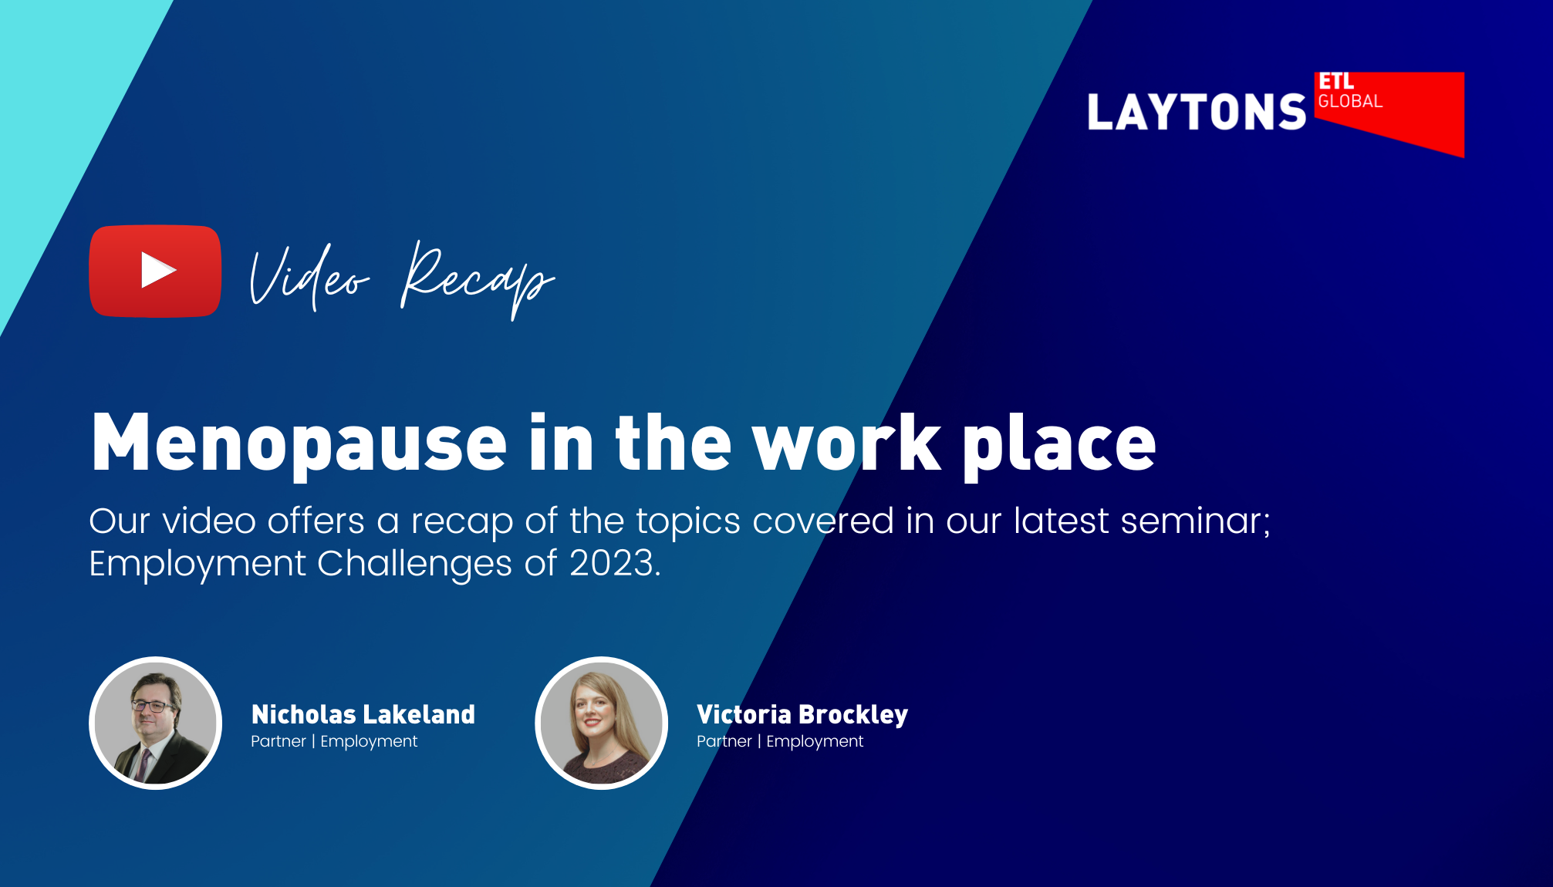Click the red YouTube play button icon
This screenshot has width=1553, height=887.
pyautogui.click(x=155, y=271)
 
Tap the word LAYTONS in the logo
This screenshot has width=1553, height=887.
pyautogui.click(x=1196, y=113)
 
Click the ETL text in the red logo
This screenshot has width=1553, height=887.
pyautogui.click(x=1336, y=82)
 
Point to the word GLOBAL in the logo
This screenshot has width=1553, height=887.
pyautogui.click(x=1350, y=102)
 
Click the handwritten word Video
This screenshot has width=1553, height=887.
pyautogui.click(x=309, y=278)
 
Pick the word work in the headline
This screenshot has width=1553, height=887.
pyautogui.click(x=846, y=443)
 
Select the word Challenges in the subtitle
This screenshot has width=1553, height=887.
pyautogui.click(x=414, y=563)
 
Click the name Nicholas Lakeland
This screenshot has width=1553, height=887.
pyautogui.click(x=363, y=714)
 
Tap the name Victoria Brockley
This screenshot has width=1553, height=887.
pyautogui.click(x=802, y=714)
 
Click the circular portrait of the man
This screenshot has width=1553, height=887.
pyautogui.click(x=156, y=723)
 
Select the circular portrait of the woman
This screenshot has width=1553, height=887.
pyautogui.click(x=601, y=723)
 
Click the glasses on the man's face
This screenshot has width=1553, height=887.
pyautogui.click(x=153, y=705)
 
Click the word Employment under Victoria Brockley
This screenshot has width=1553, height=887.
pyautogui.click(x=815, y=741)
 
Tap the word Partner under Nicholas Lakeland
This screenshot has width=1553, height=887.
pyautogui.click(x=279, y=741)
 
